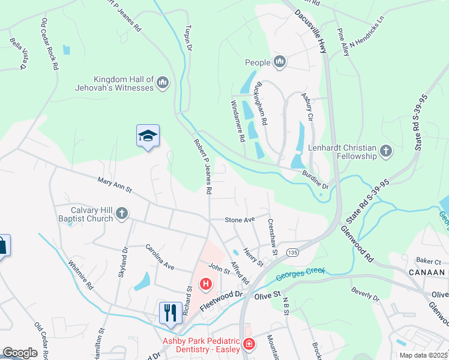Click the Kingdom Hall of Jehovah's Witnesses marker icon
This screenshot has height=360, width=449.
(x=163, y=83)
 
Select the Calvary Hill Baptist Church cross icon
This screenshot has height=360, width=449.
(x=121, y=214)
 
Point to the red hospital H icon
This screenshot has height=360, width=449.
(x=206, y=283)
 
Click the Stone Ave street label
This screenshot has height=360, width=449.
(x=240, y=220)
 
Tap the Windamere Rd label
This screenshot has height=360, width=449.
(x=238, y=121)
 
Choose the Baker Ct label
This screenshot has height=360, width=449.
(x=429, y=262)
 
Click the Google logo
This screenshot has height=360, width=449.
(x=20, y=353)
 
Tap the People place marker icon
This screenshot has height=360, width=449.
(x=279, y=62)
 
